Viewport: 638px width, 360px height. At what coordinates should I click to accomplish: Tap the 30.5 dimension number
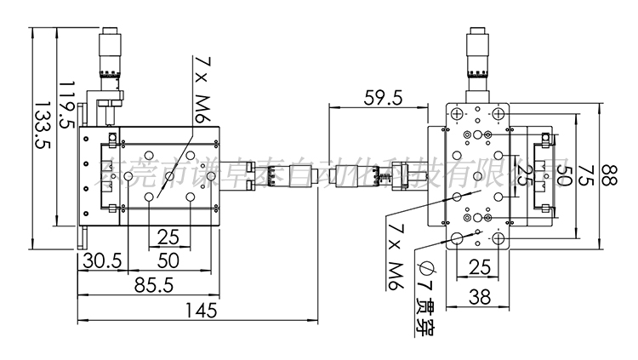pos(99,260)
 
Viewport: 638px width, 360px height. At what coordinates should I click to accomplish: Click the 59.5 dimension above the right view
pos(383,98)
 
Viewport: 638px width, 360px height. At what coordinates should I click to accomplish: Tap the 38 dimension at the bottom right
pos(479,296)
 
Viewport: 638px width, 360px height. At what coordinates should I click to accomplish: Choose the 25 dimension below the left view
pos(168,237)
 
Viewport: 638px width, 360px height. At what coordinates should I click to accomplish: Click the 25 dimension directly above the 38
pos(479,269)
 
